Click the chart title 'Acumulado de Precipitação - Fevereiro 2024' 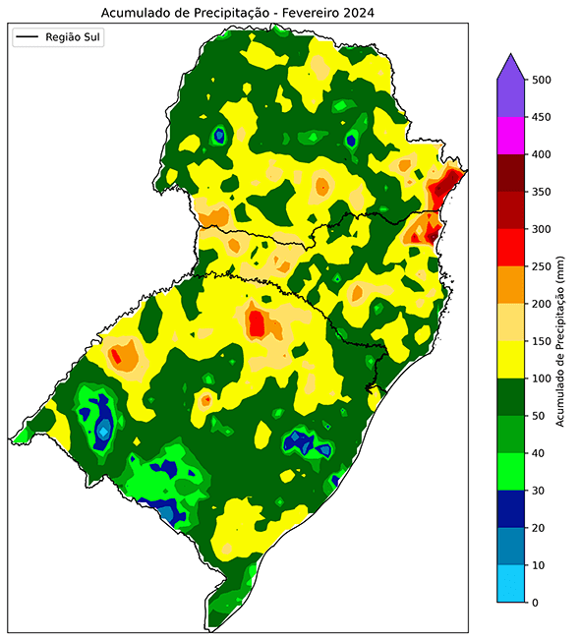tap(238, 11)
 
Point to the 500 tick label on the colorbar tap(541, 80)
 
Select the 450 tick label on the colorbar tap(541, 118)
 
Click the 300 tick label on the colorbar tap(541, 229)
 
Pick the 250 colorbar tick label tap(541, 266)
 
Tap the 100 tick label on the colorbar tap(541, 378)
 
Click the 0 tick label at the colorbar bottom tap(534, 602)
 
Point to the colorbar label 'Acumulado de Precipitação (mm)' tap(561, 340)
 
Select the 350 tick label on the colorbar tap(541, 192)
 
